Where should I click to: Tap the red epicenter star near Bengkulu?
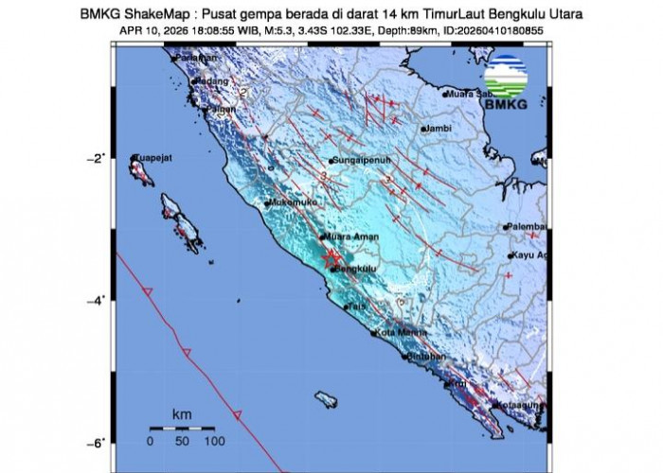coord(331,256)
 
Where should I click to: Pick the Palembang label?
coord(528,227)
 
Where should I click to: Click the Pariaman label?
coord(186,60)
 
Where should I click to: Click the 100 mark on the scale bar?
coord(214,441)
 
